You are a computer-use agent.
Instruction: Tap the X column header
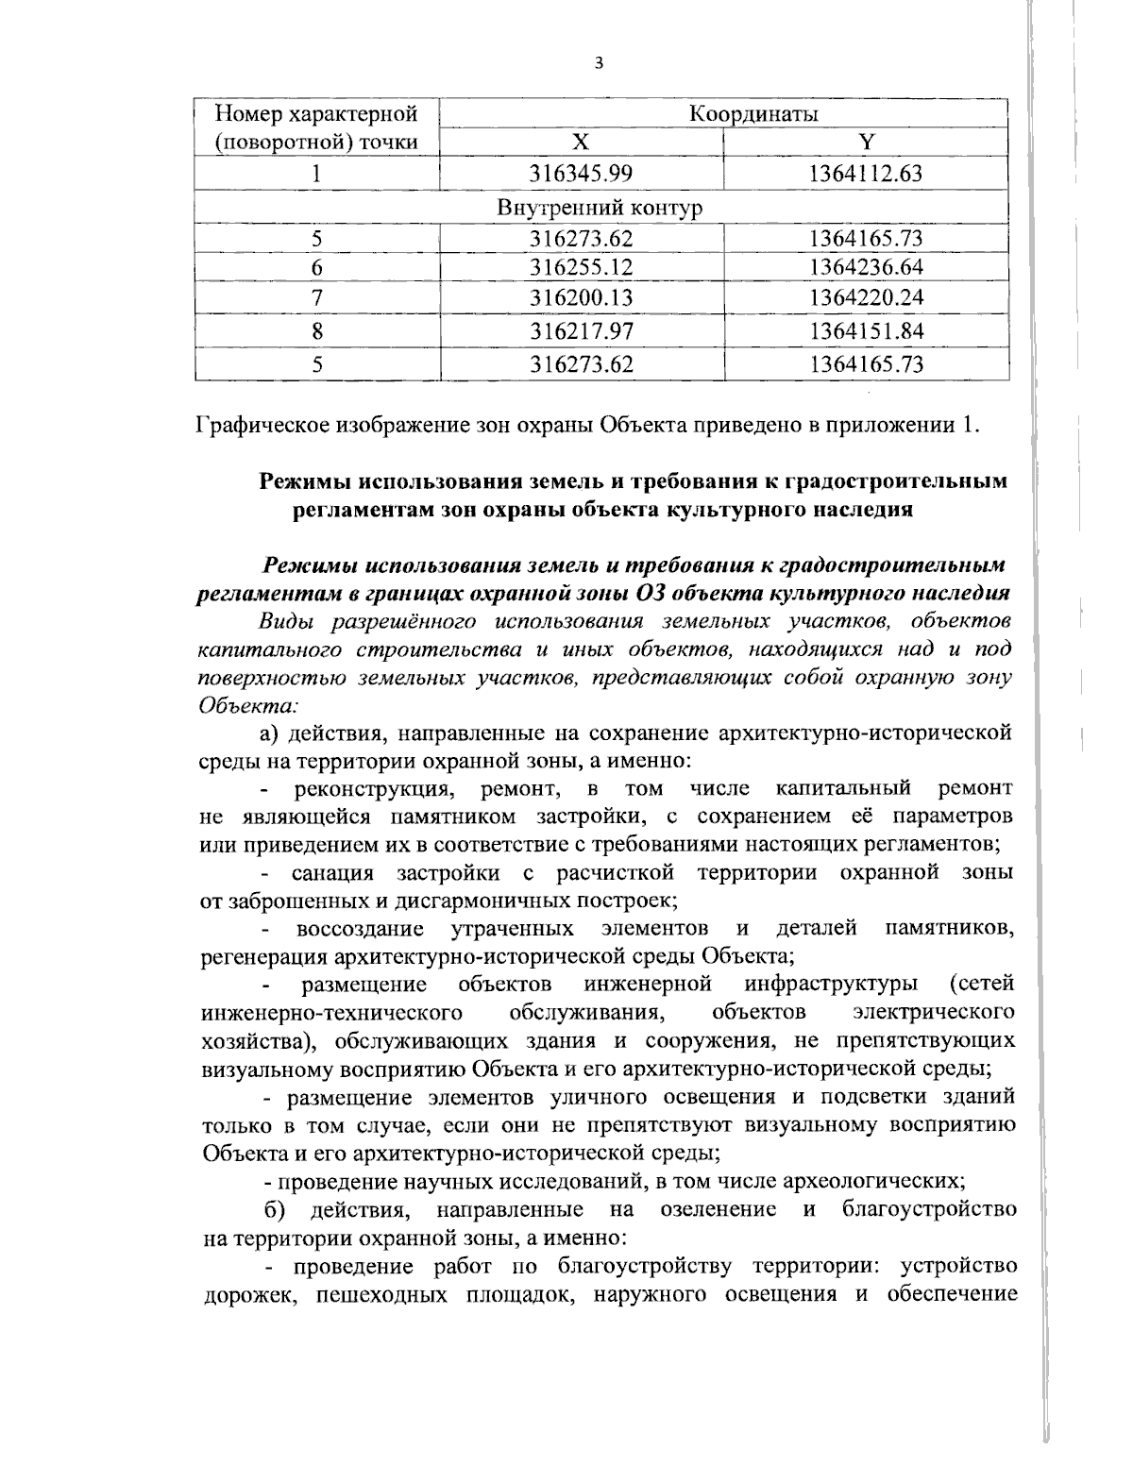coord(582,143)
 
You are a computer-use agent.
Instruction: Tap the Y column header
coord(866,143)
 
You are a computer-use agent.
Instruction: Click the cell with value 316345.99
coord(582,174)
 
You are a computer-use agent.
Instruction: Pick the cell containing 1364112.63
coord(866,174)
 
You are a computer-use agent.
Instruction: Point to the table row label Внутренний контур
coord(600,207)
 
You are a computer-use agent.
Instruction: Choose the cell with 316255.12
coord(582,268)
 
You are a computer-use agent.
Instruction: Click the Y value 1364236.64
coord(866,268)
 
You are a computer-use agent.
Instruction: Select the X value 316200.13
coord(582,298)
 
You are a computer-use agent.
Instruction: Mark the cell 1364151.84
coord(866,331)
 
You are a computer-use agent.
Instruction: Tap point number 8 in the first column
coord(318,331)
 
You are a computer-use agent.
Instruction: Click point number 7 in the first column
coord(318,298)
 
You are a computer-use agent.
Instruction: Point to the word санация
coord(333,872)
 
